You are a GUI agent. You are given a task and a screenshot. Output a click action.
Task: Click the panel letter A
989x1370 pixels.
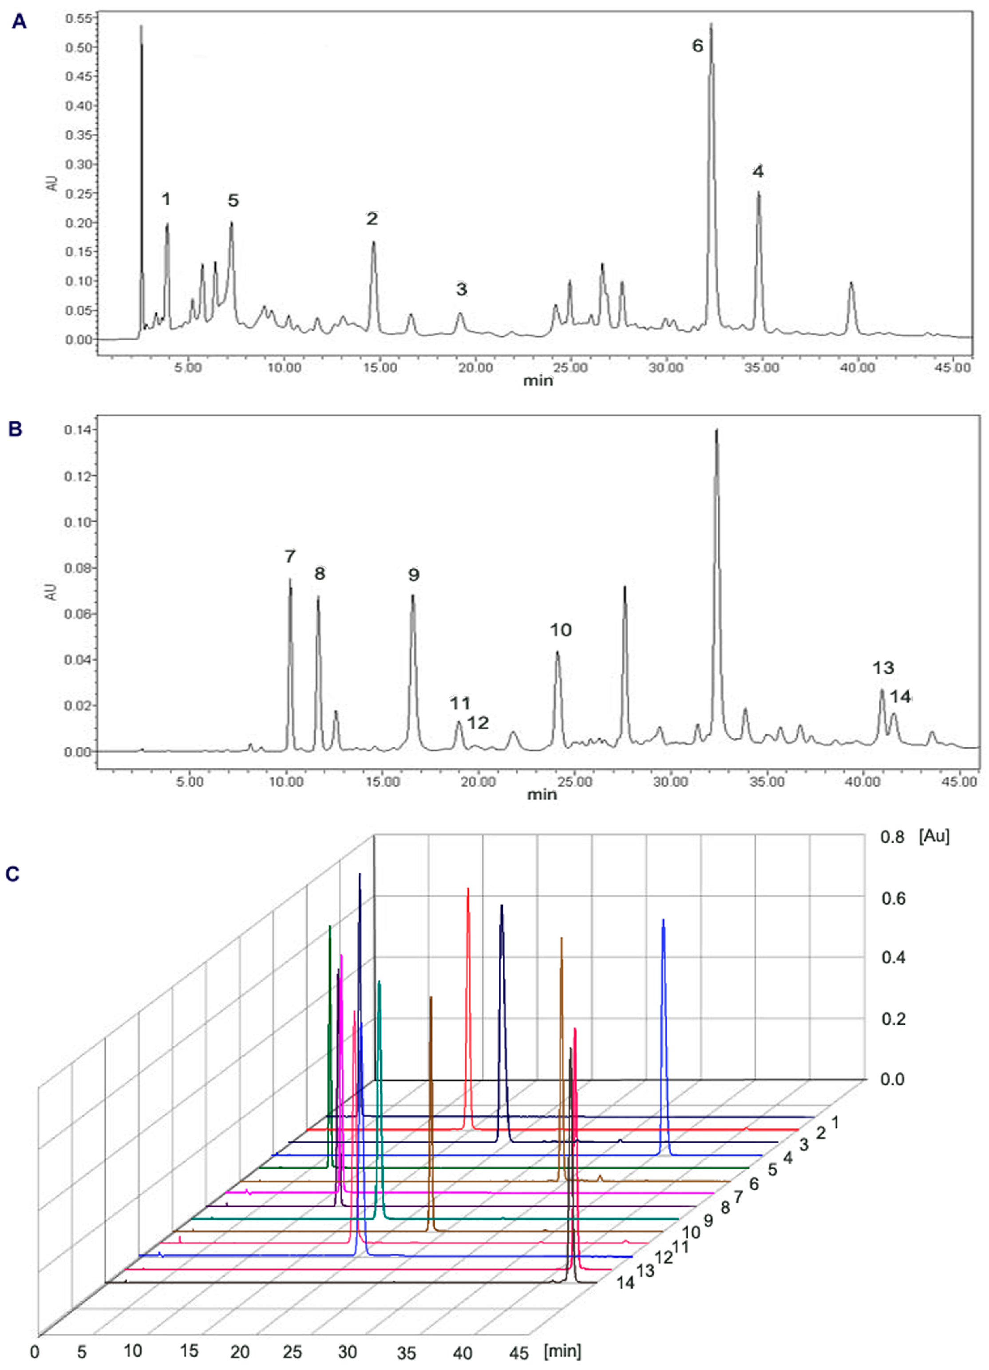coord(20,22)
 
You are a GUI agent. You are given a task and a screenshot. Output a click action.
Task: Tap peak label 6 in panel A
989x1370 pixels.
coord(697,46)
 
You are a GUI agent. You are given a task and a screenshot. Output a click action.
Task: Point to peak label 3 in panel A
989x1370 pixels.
coord(461,289)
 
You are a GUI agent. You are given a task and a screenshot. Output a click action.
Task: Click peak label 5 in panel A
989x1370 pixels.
coord(233,200)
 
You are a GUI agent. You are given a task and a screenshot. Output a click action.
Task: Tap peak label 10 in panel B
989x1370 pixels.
coord(560,630)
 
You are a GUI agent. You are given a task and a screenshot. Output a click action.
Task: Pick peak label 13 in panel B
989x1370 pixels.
coord(883,668)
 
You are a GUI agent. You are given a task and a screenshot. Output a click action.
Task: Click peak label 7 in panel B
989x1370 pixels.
coord(290,556)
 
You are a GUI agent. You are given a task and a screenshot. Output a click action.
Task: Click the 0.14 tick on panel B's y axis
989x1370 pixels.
coord(77,430)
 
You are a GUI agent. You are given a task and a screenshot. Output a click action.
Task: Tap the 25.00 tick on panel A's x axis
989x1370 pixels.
coord(570,368)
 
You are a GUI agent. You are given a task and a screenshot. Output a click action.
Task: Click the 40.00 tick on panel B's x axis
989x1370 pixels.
coord(862,782)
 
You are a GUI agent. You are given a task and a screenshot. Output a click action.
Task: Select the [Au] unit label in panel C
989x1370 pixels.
coord(934,836)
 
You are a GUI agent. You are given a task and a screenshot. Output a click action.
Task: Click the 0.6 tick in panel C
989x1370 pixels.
coord(893,899)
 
